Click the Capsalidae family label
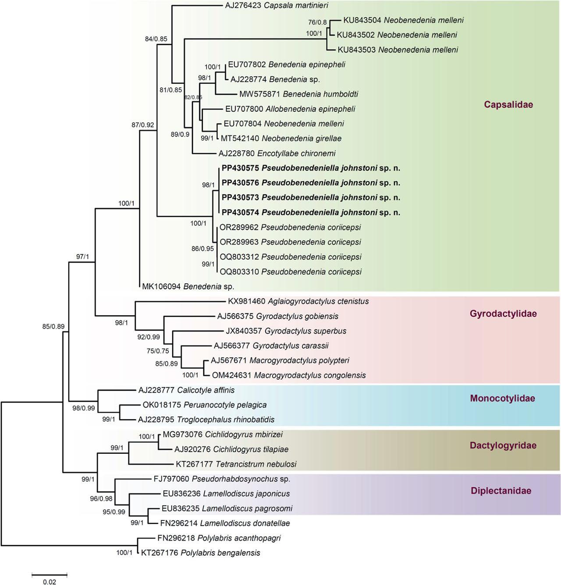(508, 104)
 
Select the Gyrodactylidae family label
(503, 314)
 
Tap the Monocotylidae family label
(502, 399)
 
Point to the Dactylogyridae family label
(503, 446)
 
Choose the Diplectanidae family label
(501, 491)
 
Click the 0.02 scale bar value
(49, 582)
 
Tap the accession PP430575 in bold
(241, 168)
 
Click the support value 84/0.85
(156, 39)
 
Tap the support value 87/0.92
(143, 125)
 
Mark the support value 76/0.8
(317, 22)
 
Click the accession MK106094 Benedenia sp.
(188, 287)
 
